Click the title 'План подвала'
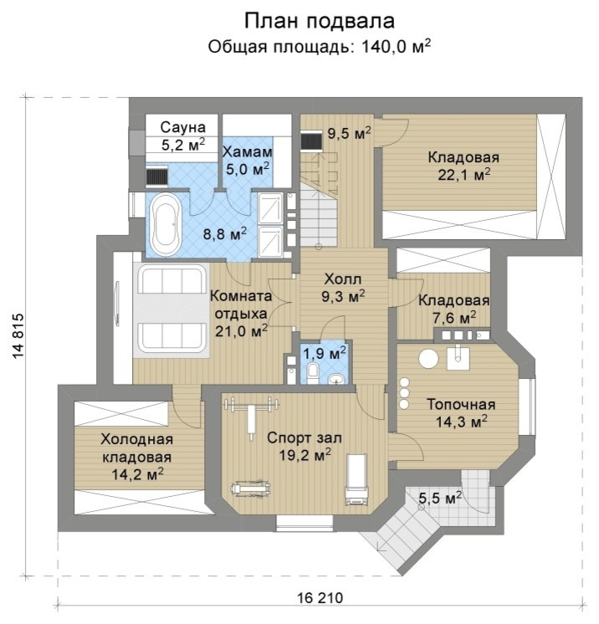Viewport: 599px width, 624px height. point(320,21)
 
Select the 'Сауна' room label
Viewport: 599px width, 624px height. point(183,127)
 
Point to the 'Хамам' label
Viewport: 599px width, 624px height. point(247,151)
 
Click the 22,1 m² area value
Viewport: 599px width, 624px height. point(463,175)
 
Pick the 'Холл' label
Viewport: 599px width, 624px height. point(343,279)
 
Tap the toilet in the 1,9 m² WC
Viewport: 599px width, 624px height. point(313,372)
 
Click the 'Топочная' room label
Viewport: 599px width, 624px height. point(461,404)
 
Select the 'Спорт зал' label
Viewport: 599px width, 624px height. point(305,437)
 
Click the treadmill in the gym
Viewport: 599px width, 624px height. point(357,479)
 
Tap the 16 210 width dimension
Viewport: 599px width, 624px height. point(320,598)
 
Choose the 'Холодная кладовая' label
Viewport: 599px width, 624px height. point(137,448)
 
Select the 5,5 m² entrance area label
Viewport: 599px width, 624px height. point(440,498)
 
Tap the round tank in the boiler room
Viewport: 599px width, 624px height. point(428,359)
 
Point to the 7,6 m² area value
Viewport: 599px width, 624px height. point(454,318)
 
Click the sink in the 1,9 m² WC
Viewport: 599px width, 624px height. point(337,380)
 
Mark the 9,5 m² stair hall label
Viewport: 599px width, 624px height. point(349,134)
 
